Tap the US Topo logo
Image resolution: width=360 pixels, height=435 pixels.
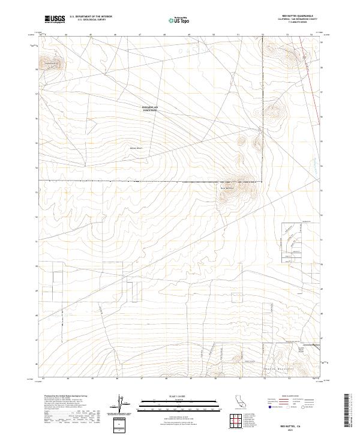tap(180, 19)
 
